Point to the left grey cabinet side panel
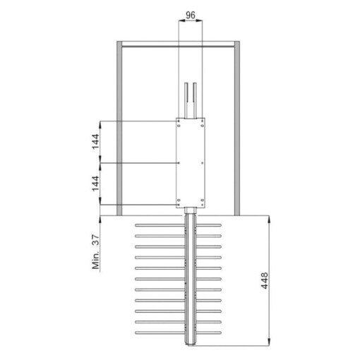click(x=120, y=127)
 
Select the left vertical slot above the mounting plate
click(x=186, y=101)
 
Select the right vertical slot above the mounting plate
click(x=194, y=101)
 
